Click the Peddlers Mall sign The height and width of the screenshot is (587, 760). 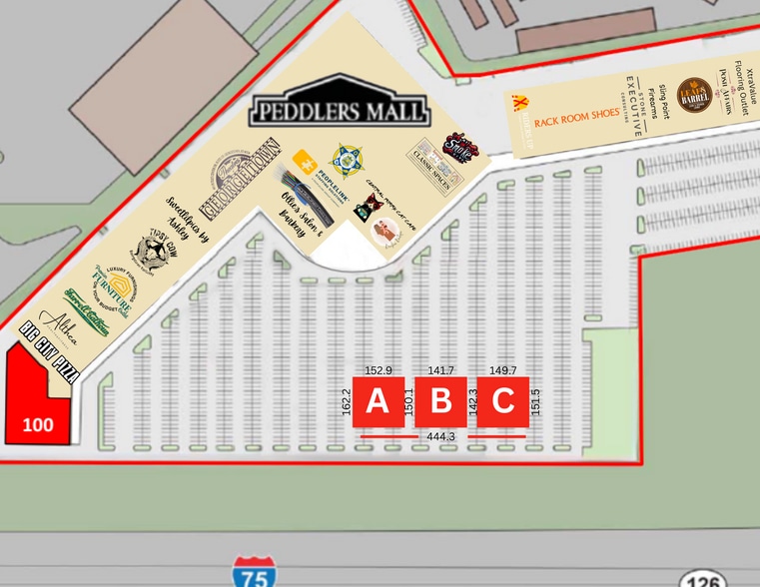(x=340, y=109)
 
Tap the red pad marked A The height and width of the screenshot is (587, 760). (x=378, y=401)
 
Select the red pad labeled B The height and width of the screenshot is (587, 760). (x=440, y=401)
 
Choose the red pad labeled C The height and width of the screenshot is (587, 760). (x=502, y=401)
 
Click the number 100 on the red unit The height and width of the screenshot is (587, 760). (x=38, y=424)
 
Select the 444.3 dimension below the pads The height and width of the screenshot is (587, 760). (x=440, y=436)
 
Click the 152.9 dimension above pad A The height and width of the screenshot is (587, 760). (x=379, y=370)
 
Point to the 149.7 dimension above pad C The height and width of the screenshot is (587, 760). (x=502, y=370)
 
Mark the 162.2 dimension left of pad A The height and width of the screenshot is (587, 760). (x=347, y=402)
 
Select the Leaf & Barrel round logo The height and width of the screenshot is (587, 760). (x=693, y=96)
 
